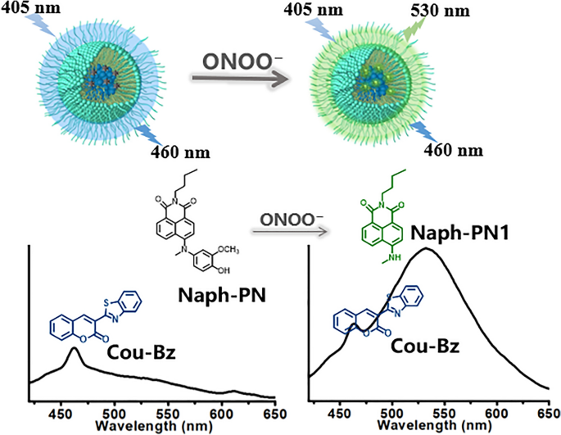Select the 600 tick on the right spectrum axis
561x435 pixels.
click(495, 414)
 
